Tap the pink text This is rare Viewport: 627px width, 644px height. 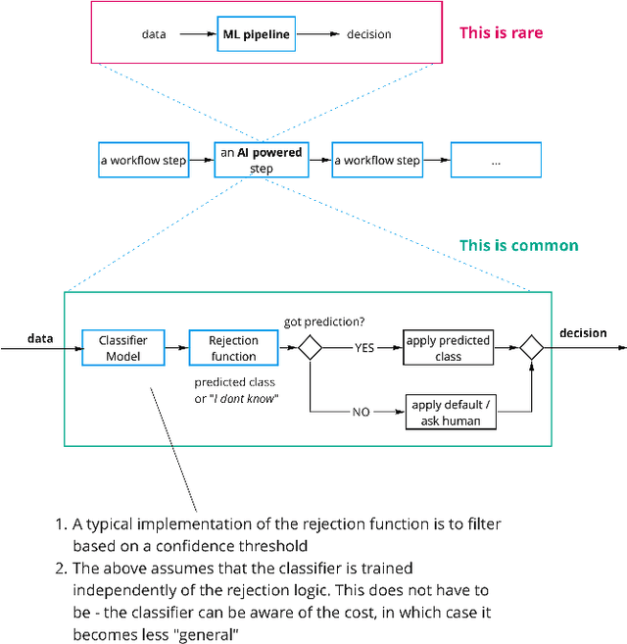pyautogui.click(x=501, y=33)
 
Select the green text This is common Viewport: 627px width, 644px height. pyautogui.click(x=518, y=246)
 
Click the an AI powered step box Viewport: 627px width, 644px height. pyautogui.click(x=261, y=160)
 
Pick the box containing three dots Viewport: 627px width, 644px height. pyautogui.click(x=495, y=160)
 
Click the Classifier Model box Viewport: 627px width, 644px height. pyautogui.click(x=122, y=347)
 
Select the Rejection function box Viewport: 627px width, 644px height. pyautogui.click(x=233, y=347)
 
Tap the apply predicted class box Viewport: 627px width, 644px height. pyautogui.click(x=448, y=348)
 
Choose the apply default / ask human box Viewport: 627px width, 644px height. pyautogui.click(x=448, y=413)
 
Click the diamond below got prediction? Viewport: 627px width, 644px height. pyautogui.click(x=311, y=347)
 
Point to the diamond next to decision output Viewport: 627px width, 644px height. pyautogui.click(x=532, y=347)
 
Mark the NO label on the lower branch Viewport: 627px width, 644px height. pyautogui.click(x=362, y=413)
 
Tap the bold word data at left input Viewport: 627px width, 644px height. pyautogui.click(x=40, y=338)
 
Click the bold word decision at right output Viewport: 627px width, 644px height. pyautogui.click(x=583, y=333)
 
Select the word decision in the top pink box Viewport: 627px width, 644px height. pyautogui.click(x=368, y=34)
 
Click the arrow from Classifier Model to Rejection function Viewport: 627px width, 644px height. pyautogui.click(x=175, y=347)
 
